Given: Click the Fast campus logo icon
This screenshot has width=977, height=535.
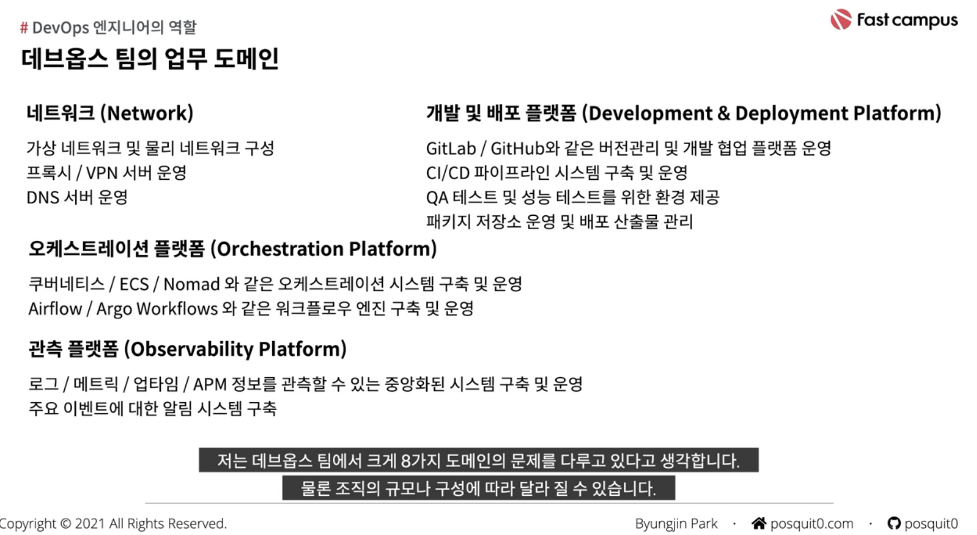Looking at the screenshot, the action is pyautogui.click(x=841, y=19).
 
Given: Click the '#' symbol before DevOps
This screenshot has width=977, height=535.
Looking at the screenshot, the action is pyautogui.click(x=24, y=28).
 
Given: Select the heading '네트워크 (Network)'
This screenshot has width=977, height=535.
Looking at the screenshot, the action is pyautogui.click(x=110, y=113).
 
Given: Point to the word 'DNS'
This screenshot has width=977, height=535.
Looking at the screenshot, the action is pyautogui.click(x=42, y=197).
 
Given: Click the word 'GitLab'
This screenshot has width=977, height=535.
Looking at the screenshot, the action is pyautogui.click(x=451, y=149).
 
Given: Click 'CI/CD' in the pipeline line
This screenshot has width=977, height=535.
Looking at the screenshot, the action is pyautogui.click(x=448, y=173).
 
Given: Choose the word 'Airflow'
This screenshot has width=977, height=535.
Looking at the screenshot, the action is pyautogui.click(x=55, y=309).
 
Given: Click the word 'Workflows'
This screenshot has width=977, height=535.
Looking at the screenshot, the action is pyautogui.click(x=177, y=309).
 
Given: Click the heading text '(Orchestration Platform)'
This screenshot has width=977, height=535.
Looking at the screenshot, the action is pyautogui.click(x=323, y=249).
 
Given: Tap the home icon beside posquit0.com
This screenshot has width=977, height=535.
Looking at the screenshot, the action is pyautogui.click(x=759, y=523).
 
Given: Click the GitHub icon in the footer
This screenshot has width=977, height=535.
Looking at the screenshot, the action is pyautogui.click(x=894, y=523).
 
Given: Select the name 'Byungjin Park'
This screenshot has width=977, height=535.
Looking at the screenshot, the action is pyautogui.click(x=676, y=524).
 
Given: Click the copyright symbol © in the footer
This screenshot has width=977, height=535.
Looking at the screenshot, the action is pyautogui.click(x=65, y=524).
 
